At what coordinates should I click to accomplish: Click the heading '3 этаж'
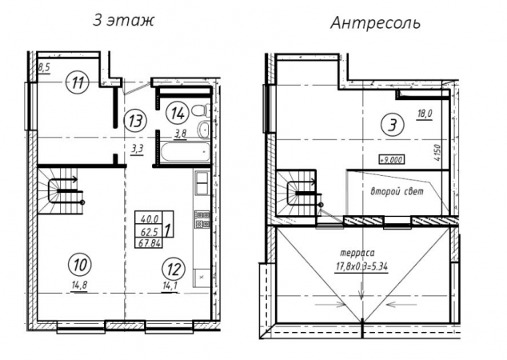123,21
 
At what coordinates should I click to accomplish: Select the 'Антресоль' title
375,23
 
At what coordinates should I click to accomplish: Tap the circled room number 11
77,83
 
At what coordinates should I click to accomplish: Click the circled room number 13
135,121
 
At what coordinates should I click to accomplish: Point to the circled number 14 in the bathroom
178,114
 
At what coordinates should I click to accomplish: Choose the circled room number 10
80,265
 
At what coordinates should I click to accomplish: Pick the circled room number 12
174,269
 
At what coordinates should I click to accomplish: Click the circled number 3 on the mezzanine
392,125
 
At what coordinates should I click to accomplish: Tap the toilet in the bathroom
201,110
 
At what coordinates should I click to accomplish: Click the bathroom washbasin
204,130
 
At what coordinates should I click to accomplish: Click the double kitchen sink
202,183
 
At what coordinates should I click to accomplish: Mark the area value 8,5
44,69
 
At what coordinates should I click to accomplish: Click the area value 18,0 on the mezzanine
425,114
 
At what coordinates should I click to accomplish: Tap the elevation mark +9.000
392,159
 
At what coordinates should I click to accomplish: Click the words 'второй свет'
397,191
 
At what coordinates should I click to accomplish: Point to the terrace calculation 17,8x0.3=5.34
361,267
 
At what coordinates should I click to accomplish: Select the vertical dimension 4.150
438,152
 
